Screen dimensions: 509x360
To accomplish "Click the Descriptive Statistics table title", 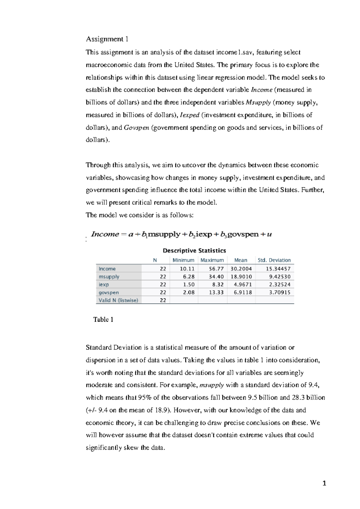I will [194, 250].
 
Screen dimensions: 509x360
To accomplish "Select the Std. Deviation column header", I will [274, 260].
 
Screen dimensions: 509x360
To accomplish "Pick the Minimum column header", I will [183, 260].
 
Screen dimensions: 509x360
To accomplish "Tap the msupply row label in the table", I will [109, 277].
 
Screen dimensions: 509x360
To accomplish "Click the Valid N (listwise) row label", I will [118, 300].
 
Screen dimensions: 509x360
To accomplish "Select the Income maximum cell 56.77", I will [216, 269].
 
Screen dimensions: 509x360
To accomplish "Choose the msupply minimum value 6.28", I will [189, 277].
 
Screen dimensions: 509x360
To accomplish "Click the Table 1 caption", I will [103, 320].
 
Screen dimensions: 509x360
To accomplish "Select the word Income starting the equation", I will [105, 234].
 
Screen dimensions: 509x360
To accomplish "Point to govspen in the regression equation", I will [243, 234].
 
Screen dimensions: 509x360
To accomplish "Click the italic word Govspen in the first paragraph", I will [136, 128].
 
